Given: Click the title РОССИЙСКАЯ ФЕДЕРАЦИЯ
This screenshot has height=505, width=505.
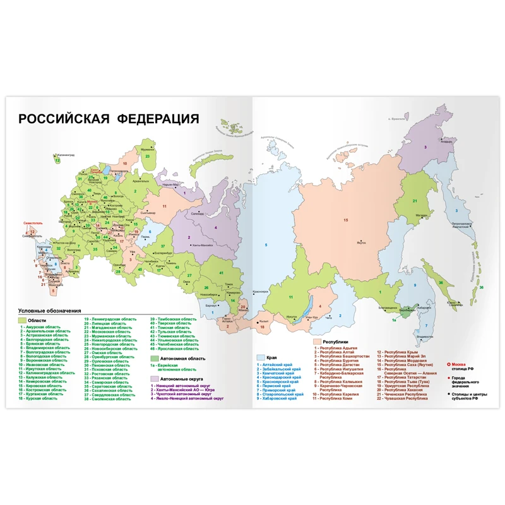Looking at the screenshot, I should click(108, 119).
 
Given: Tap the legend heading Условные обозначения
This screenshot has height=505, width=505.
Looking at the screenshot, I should click(50, 311).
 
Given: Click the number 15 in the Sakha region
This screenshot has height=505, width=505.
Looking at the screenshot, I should click(345, 220).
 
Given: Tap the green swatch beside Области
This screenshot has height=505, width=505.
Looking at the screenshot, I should click(21, 321).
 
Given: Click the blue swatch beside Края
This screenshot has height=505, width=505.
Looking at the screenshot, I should click(260, 357).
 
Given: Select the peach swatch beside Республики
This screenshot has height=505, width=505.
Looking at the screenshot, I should click(318, 342).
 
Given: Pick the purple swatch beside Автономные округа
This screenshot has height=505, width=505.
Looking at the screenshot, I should click(153, 378).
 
